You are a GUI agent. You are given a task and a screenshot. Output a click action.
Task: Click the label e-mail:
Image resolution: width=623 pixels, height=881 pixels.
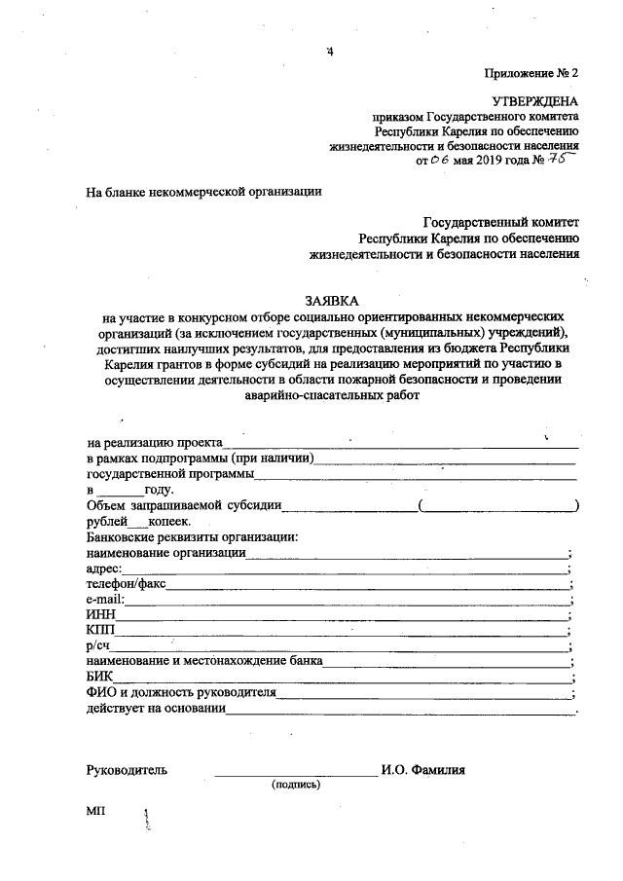coord(106,599)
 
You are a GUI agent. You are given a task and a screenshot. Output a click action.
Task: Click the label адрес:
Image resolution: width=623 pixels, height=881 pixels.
coord(104,568)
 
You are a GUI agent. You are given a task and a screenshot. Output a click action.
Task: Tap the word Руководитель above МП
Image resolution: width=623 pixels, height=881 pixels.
coord(127,769)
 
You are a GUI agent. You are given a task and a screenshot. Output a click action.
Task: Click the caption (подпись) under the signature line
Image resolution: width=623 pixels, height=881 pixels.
coord(296,785)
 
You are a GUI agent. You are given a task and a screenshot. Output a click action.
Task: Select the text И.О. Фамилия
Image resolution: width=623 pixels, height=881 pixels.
coord(423,769)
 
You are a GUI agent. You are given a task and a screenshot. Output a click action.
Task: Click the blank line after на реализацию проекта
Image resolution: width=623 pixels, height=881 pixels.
coord(401,445)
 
